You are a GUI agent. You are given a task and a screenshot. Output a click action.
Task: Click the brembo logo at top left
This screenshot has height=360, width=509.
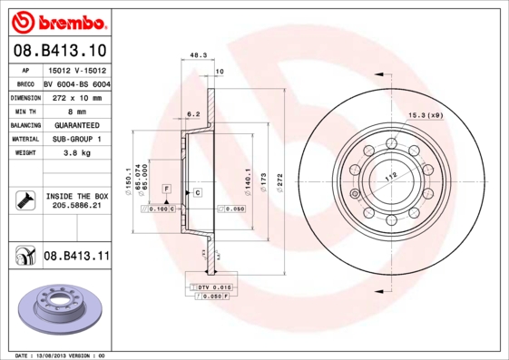pos(59,20)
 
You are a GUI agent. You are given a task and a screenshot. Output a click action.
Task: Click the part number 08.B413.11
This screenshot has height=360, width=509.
pos(76,257)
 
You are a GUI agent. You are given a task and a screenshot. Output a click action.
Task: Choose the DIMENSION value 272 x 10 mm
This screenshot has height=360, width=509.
pos(76,95)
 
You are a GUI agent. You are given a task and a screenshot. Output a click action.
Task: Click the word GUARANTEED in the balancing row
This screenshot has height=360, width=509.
pos(76,124)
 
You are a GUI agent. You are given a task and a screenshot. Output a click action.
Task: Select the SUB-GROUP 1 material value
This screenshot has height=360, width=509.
pos(76,139)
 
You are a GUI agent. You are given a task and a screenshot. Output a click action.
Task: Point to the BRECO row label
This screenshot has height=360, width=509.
pos(25,83)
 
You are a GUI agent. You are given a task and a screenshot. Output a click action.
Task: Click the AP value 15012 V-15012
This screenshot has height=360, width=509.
pos(76,69)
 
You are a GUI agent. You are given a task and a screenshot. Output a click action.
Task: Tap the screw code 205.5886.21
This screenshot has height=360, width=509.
pos(75,206)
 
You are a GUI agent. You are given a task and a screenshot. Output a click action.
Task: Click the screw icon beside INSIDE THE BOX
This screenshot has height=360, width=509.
pos(24,200)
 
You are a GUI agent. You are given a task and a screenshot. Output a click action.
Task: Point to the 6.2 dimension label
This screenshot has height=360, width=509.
pos(192,115)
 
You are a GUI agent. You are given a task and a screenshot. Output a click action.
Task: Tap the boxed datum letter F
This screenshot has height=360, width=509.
pos(167,187)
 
